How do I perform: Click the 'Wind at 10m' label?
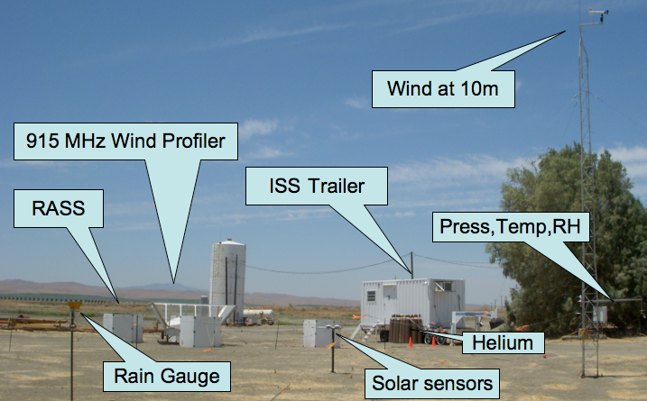click(x=442, y=88)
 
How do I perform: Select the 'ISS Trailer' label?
click(x=316, y=187)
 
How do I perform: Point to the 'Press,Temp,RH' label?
click(x=511, y=226)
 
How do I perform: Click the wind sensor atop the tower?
click(x=596, y=14)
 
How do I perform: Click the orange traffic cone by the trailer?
click(x=410, y=341)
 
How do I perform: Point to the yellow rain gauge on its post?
click(x=72, y=307)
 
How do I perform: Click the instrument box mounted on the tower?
click(x=600, y=314)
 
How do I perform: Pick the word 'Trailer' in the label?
click(x=338, y=187)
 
